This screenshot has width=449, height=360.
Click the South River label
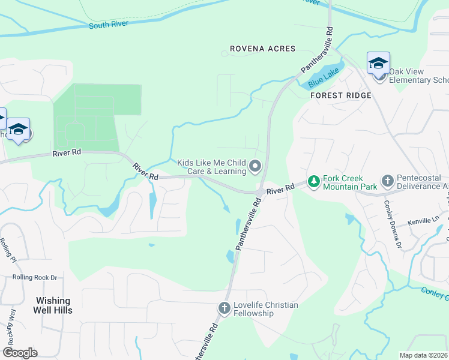tap(110, 25)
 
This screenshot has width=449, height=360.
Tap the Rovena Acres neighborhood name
tap(263, 49)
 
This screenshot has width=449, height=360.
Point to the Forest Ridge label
tap(340, 95)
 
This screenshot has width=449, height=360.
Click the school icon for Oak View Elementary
tap(378, 64)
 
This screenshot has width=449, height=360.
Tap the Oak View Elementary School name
tap(418, 76)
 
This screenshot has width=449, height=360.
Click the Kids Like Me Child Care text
tap(212, 167)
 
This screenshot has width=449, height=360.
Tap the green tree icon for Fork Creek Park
tap(313, 181)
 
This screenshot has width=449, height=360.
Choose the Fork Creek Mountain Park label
tap(349, 182)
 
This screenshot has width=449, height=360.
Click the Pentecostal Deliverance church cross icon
tap(388, 181)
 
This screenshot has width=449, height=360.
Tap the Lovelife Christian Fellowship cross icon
tap(224, 308)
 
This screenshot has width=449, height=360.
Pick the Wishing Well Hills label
tap(53, 305)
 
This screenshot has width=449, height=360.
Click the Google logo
tap(20, 352)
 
